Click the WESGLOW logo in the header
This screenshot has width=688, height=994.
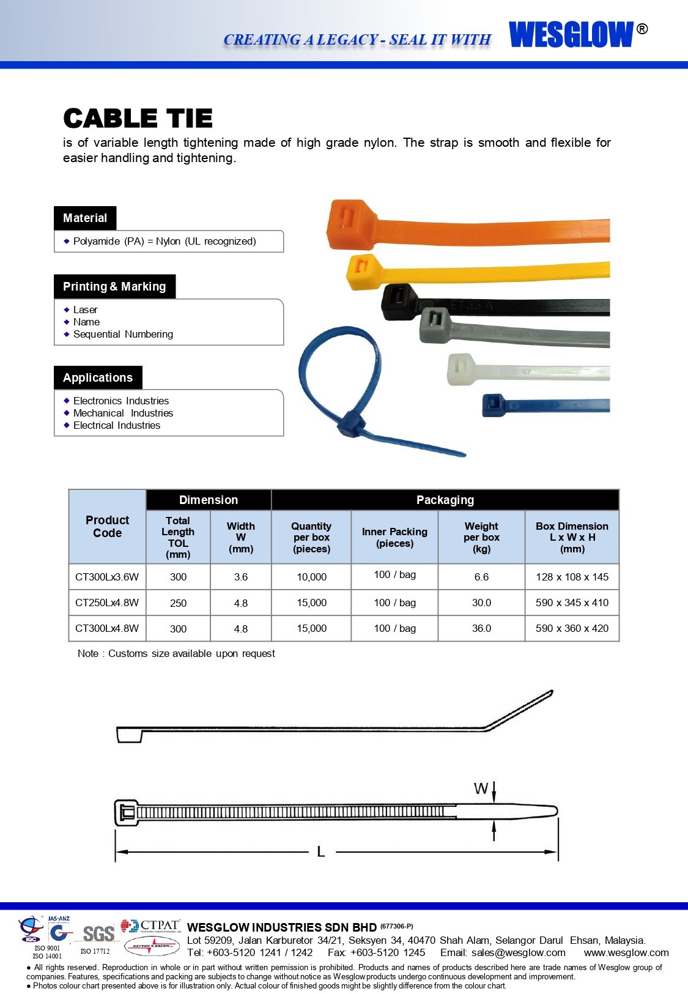pos(571,34)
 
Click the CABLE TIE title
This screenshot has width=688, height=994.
pos(138,118)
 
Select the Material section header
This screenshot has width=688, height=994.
pos(85,218)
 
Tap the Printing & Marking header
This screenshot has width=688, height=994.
pos(114,287)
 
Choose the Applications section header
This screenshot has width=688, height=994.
pos(98,378)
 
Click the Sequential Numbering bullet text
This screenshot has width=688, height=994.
pos(123,335)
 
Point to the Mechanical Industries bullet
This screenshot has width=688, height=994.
pos(123,414)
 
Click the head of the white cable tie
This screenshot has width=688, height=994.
pos(461,369)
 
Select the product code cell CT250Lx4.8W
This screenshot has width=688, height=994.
pos(107,603)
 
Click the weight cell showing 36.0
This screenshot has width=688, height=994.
pos(481,629)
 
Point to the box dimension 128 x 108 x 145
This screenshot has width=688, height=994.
pos(572,577)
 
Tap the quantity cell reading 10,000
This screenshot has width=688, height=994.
pos(311,577)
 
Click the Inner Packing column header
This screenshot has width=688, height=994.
pos(394,538)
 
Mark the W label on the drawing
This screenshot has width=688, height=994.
pos(481,789)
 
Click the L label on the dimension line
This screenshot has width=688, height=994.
pos(320,851)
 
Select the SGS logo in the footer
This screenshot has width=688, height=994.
pos(98,934)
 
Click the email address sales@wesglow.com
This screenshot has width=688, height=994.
pos(518,953)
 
